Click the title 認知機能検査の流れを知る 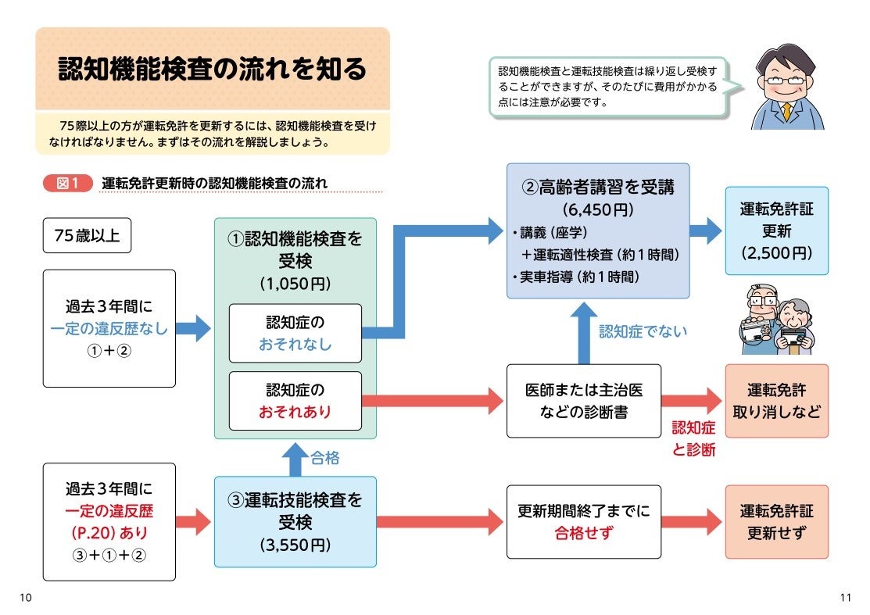(x=213, y=70)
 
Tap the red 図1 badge (x=68, y=184)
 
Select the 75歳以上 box (x=87, y=235)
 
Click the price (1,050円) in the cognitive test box (x=295, y=284)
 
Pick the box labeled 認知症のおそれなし (x=295, y=333)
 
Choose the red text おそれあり (x=295, y=411)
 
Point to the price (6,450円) (x=598, y=210)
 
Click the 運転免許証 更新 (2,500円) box (x=776, y=231)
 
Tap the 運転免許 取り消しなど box (x=776, y=401)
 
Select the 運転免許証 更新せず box (x=776, y=522)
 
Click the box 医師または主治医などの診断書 (x=583, y=401)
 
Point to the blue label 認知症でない (x=643, y=331)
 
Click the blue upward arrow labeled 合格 (x=295, y=459)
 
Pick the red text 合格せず (x=583, y=534)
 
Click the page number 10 (x=25, y=598)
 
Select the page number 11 (x=844, y=598)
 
